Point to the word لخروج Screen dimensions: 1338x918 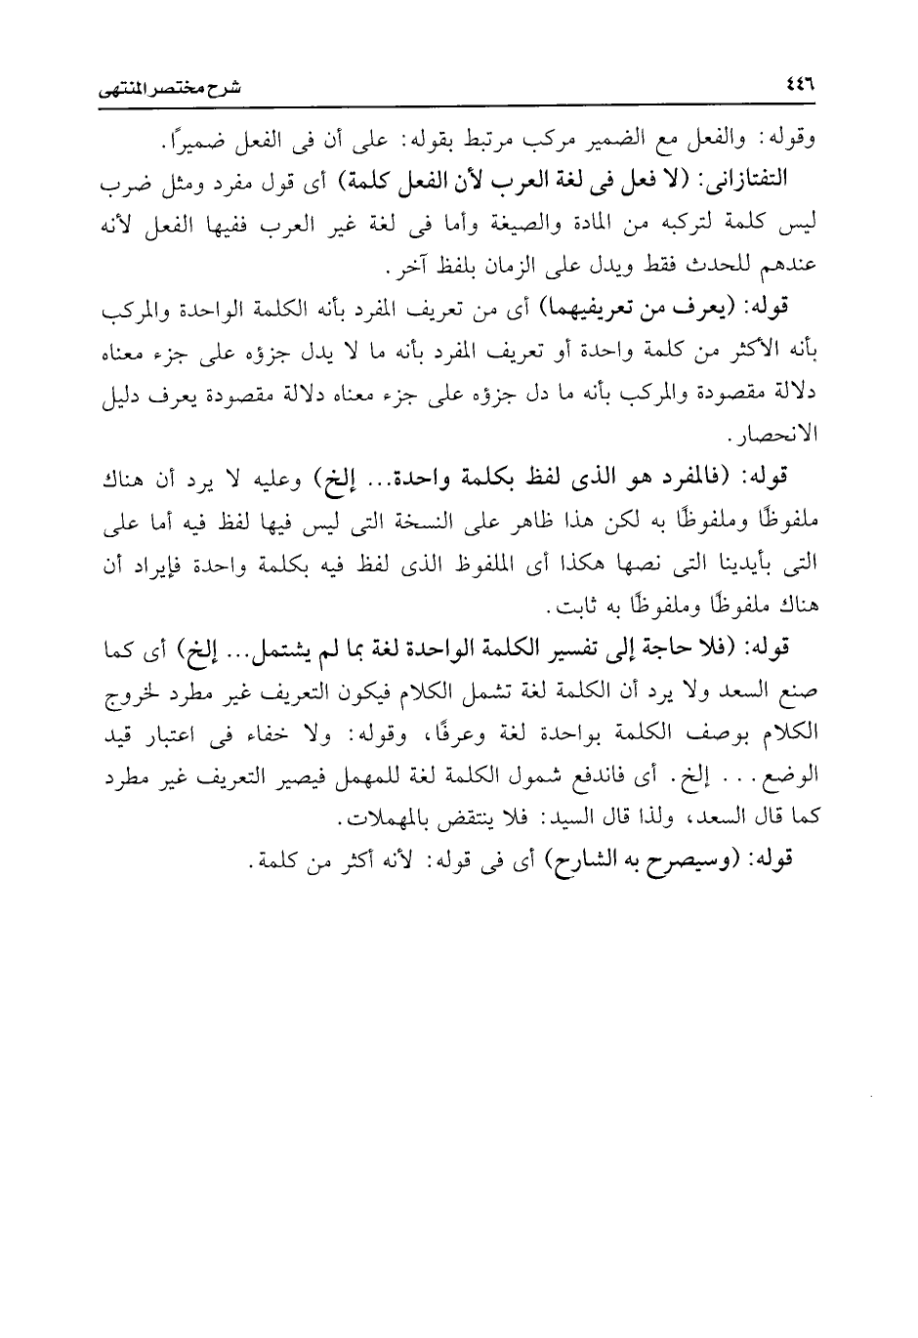127,690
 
